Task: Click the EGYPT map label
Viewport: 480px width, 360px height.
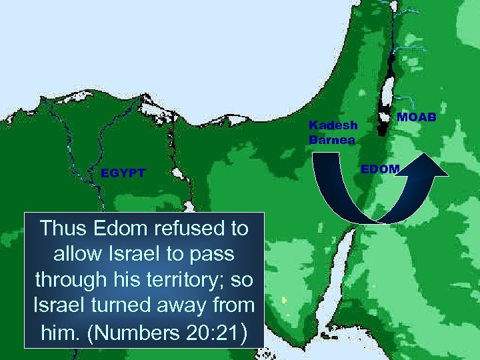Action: pos(123,173)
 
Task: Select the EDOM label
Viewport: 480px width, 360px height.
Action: pos(379,169)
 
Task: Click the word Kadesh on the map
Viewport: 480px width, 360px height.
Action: pos(333,125)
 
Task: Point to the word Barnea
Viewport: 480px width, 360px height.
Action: pos(332,139)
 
